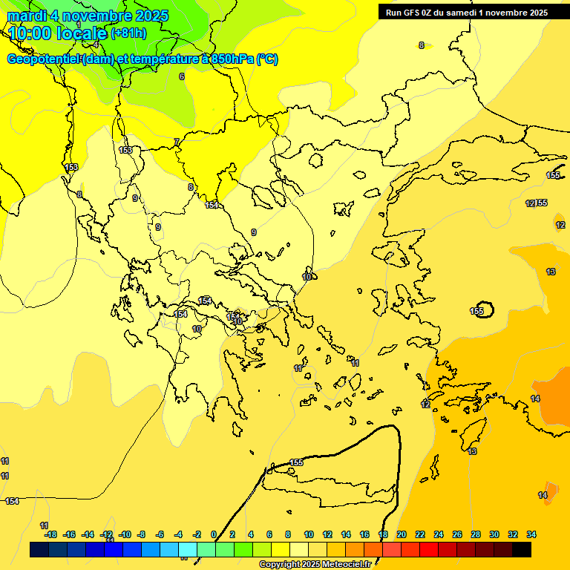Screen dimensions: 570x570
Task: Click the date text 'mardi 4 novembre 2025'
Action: click(88, 16)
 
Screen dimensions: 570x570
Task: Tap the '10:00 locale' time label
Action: click(58, 33)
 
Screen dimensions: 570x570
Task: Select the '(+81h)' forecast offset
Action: click(128, 33)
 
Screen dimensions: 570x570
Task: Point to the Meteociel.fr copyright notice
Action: click(315, 565)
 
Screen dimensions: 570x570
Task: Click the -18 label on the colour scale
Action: click(50, 534)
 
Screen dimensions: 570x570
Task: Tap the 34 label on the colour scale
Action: click(531, 534)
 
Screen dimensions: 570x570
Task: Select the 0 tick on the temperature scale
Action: click(214, 534)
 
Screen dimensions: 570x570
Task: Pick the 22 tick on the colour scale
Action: click(420, 534)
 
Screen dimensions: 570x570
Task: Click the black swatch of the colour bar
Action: click(522, 549)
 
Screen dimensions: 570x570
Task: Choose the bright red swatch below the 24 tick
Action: click(429, 549)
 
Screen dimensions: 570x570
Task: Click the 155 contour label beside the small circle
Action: click(476, 311)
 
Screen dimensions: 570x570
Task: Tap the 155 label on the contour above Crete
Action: click(296, 462)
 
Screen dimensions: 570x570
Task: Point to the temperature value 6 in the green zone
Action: click(181, 76)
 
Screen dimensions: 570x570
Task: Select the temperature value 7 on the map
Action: click(176, 142)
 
